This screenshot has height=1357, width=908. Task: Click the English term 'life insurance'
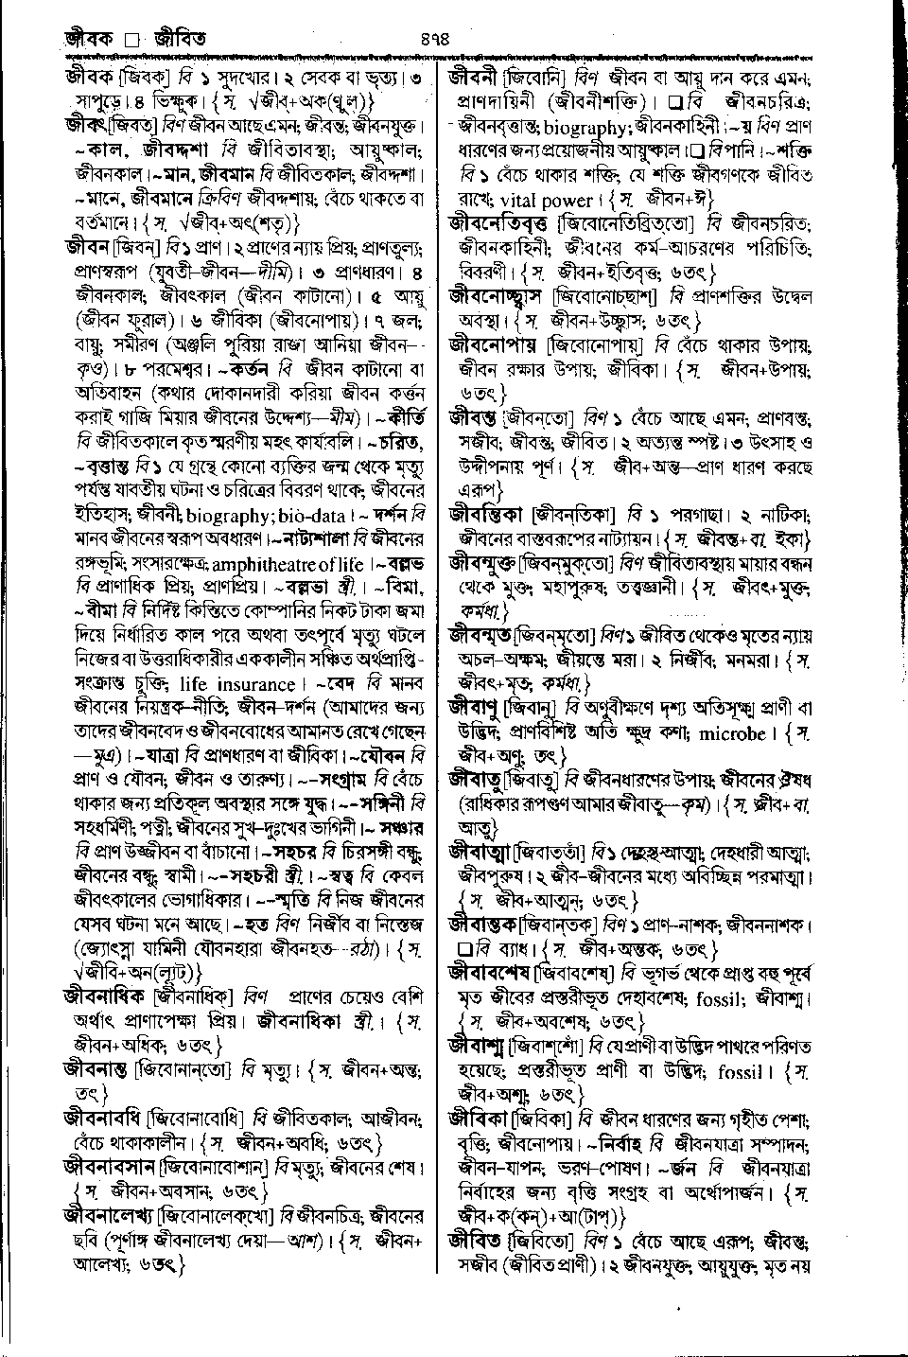tap(236, 684)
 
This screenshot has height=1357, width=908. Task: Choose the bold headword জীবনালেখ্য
tap(110, 1214)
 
